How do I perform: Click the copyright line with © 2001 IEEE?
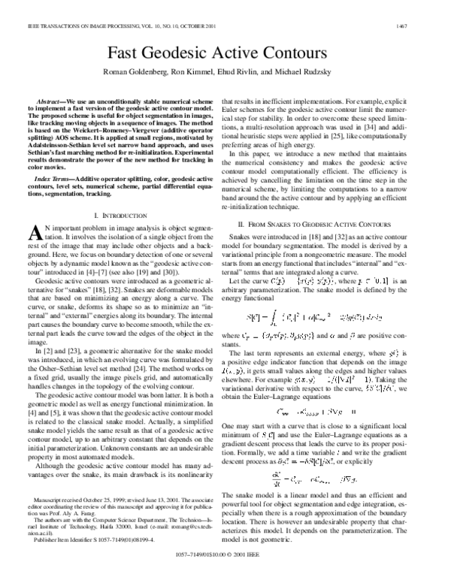225,575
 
